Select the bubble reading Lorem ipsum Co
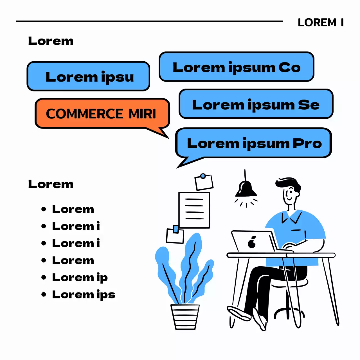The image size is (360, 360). click(236, 67)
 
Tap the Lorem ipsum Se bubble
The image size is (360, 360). click(256, 104)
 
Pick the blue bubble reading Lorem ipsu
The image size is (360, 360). click(88, 76)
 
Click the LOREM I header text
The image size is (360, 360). click(320, 22)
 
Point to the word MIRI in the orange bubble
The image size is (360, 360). click(142, 114)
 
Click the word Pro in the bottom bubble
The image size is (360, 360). click(307, 143)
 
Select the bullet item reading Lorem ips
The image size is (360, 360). click(84, 294)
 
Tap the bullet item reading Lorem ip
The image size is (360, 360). click(80, 277)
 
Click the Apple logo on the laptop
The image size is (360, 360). click(252, 242)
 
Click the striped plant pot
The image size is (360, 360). click(185, 317)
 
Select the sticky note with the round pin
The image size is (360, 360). click(204, 182)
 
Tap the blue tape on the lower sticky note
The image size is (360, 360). click(176, 229)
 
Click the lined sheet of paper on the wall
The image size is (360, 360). click(194, 210)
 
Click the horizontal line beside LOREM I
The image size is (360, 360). click(149, 21)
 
